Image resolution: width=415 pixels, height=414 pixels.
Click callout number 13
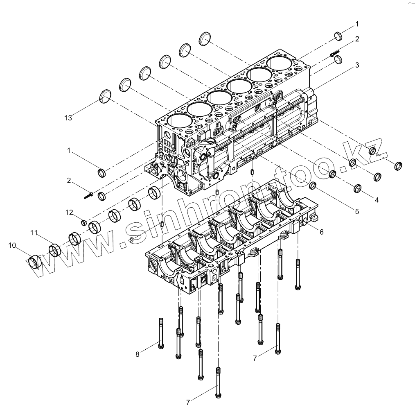[x=68, y=118]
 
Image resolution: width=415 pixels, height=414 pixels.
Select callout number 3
[x=357, y=65]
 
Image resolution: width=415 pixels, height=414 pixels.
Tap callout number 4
[x=376, y=200]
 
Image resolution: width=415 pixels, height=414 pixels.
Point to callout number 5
[x=357, y=211]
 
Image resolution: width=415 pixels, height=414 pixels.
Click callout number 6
[x=321, y=232]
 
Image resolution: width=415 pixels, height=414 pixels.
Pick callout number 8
[x=138, y=354]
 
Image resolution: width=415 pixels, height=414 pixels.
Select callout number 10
[x=12, y=245]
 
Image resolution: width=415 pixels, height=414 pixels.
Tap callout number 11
[x=33, y=233]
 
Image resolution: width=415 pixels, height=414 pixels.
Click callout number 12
[x=70, y=212]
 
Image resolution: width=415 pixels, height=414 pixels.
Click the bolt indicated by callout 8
[x=160, y=334]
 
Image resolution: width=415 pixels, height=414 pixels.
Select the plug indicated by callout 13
[x=106, y=96]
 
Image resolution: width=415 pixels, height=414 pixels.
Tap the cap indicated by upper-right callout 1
[x=339, y=36]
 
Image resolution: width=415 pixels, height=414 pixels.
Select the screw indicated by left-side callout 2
[x=89, y=195]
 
